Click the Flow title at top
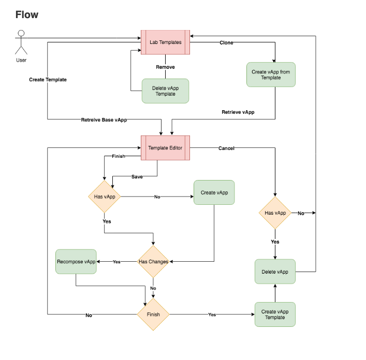[x=27, y=14]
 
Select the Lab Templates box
[x=166, y=42]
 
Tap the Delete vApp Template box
[x=165, y=91]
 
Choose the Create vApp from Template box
[x=271, y=74]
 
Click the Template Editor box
[x=165, y=148]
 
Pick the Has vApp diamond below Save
[x=104, y=197]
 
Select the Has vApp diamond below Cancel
[x=275, y=213]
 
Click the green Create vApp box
[x=214, y=192]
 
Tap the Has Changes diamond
[x=153, y=262]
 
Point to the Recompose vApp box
[x=76, y=262]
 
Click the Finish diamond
[x=153, y=314]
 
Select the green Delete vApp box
[x=275, y=272]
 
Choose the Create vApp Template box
[x=275, y=314]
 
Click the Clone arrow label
[x=226, y=43]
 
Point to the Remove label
[x=165, y=67]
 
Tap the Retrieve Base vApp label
[x=104, y=120]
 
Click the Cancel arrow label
[x=226, y=148]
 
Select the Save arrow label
[x=137, y=177]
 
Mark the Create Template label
[x=48, y=80]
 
